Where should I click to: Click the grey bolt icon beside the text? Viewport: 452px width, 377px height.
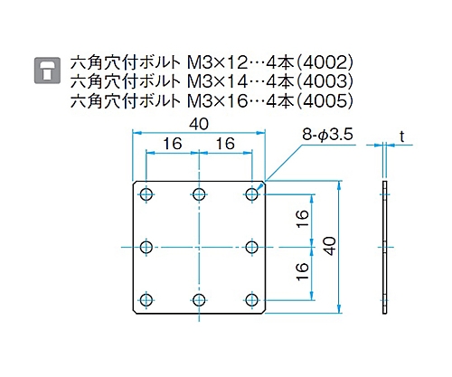(47, 71)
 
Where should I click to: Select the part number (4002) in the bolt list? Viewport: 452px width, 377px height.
(327, 63)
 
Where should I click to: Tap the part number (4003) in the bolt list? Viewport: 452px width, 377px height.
(327, 82)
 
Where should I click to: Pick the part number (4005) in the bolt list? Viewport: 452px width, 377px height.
(327, 101)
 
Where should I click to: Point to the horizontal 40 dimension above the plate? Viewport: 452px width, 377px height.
(199, 124)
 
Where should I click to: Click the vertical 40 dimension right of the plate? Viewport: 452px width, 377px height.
(331, 247)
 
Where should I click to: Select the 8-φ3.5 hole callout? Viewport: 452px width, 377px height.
(327, 135)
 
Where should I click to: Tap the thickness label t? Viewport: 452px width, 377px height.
(401, 137)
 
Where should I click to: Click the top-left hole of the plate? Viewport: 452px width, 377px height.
(146, 194)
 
